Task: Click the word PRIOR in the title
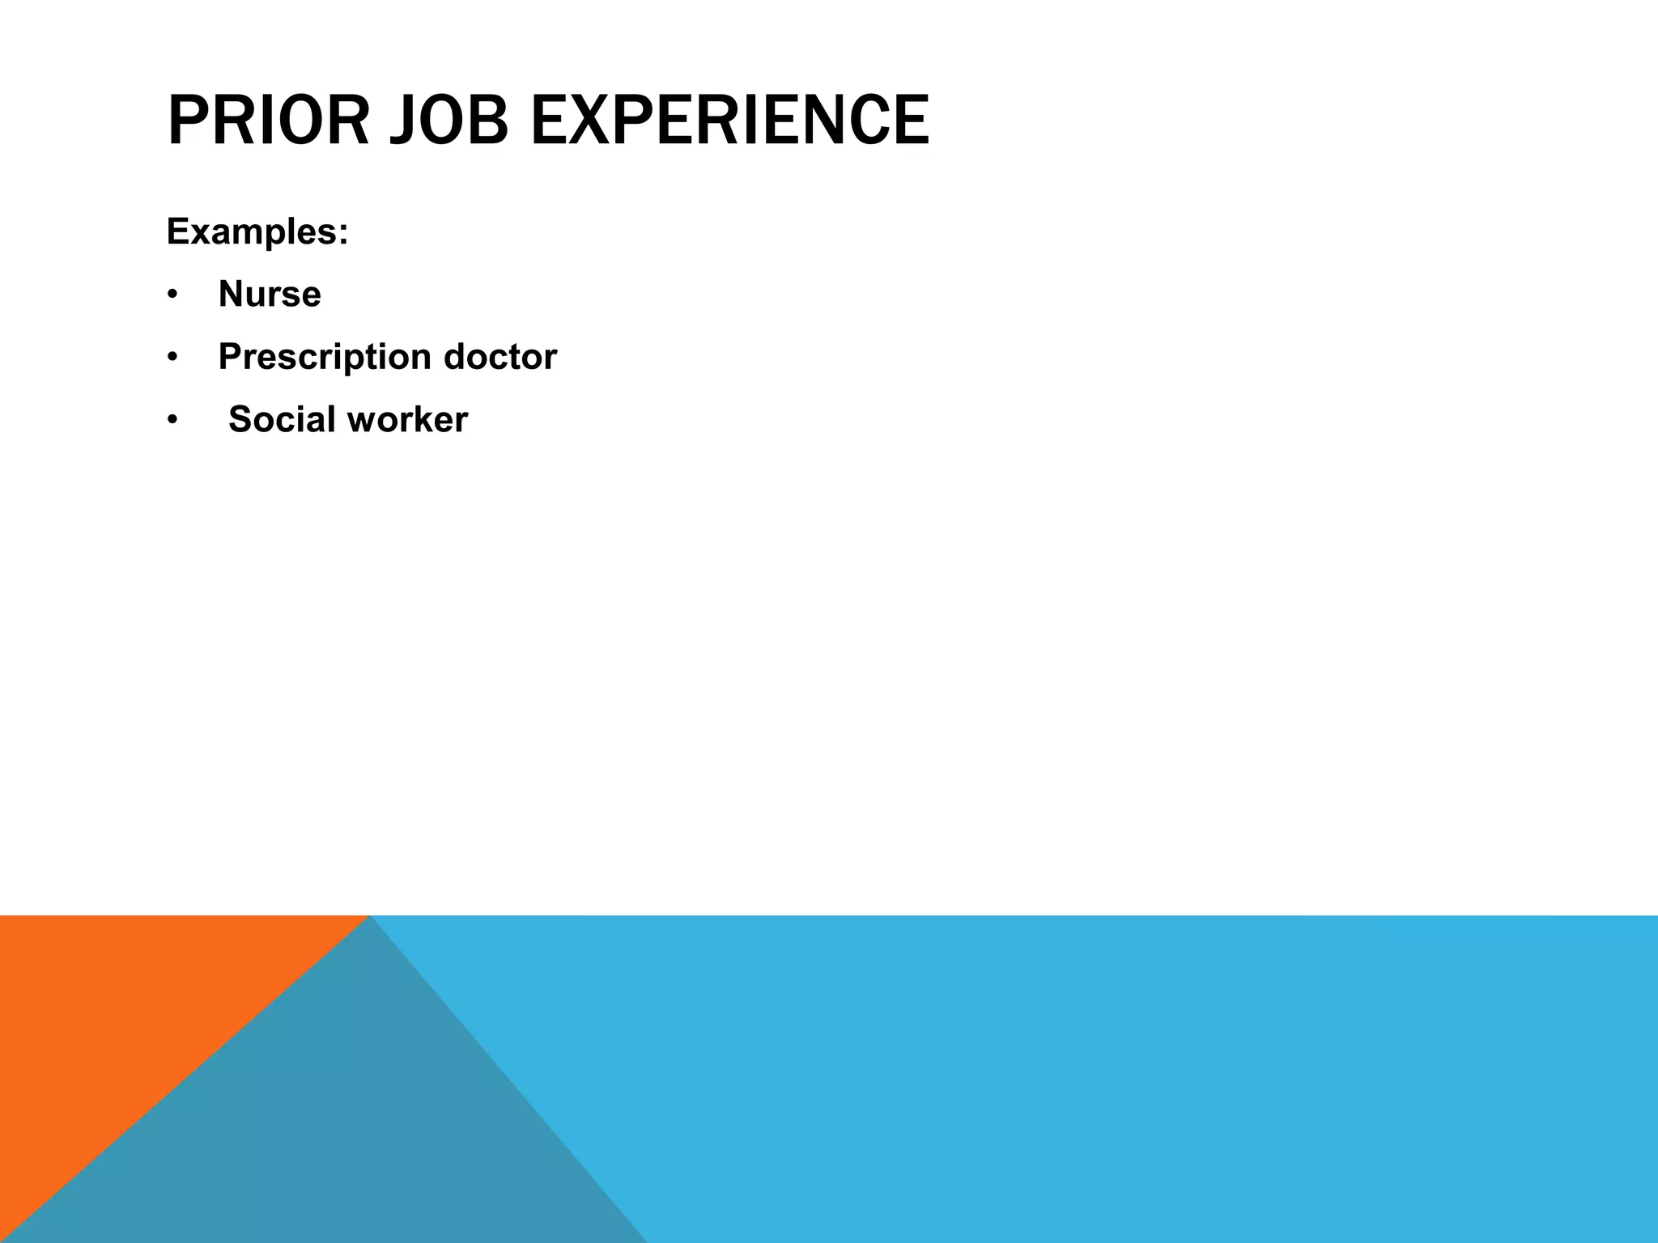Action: pyautogui.click(x=267, y=121)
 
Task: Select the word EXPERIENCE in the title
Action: pyautogui.click(x=729, y=121)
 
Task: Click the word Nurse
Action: pyautogui.click(x=270, y=294)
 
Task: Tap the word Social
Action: pyautogui.click(x=282, y=419)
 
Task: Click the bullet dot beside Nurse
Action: pyautogui.click(x=172, y=295)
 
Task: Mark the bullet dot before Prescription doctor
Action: pyautogui.click(x=172, y=358)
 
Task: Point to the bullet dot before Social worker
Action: pyautogui.click(x=172, y=421)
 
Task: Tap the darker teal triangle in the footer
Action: pyautogui.click(x=340, y=1133)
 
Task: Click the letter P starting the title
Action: pyautogui.click(x=185, y=121)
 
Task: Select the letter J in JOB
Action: pyautogui.click(x=402, y=121)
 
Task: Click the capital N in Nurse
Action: pyautogui.click(x=232, y=294)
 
